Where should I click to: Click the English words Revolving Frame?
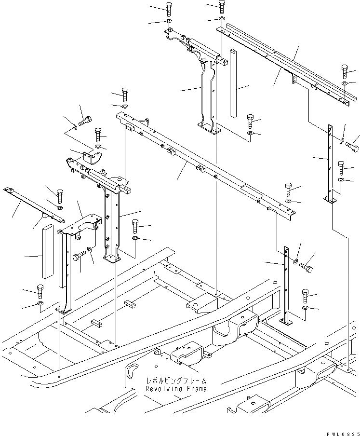click(x=176, y=388)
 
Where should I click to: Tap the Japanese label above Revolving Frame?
click(x=175, y=380)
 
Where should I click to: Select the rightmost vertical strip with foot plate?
click(x=331, y=164)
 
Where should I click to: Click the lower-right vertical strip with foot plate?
click(x=288, y=285)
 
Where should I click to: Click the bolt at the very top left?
click(x=169, y=8)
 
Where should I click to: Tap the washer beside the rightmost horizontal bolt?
click(x=342, y=141)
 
